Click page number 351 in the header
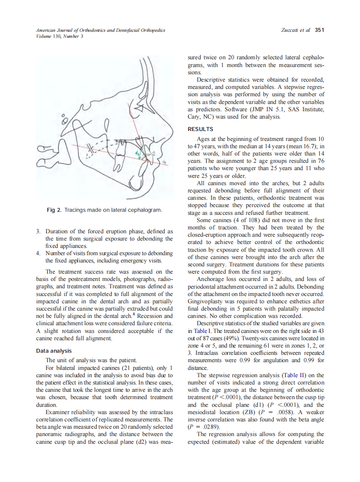click(x=319, y=30)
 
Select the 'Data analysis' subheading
click(x=54, y=351)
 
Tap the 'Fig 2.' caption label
click(x=55, y=210)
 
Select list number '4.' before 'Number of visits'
click(x=38, y=253)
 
